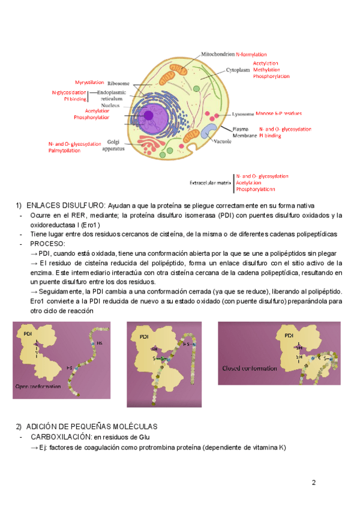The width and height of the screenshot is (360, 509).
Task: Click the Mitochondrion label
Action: coord(218,54)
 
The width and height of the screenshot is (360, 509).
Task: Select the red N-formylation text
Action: coord(251,54)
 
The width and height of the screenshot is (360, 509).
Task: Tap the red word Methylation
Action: coord(266,70)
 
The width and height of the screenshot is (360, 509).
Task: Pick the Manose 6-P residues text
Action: coord(278,113)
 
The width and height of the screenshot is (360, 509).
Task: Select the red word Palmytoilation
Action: coord(64,151)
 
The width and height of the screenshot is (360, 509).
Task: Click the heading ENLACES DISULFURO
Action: coord(66,206)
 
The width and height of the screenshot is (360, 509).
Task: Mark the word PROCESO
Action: coord(47,244)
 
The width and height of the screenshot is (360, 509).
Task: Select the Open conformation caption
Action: coord(38,387)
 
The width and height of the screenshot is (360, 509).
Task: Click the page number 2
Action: coord(313,483)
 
